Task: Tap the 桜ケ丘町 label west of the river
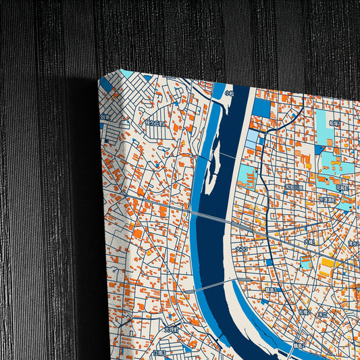pyautogui.click(x=156, y=124)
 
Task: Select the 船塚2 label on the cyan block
pyautogui.click(x=336, y=124)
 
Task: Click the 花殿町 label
pyautogui.click(x=343, y=186)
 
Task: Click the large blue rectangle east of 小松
pyautogui.click(x=261, y=107)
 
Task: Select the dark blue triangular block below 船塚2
pyautogui.click(x=319, y=149)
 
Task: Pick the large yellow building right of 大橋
pyautogui.click(x=327, y=262)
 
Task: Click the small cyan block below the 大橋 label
pyautogui.click(x=305, y=264)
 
